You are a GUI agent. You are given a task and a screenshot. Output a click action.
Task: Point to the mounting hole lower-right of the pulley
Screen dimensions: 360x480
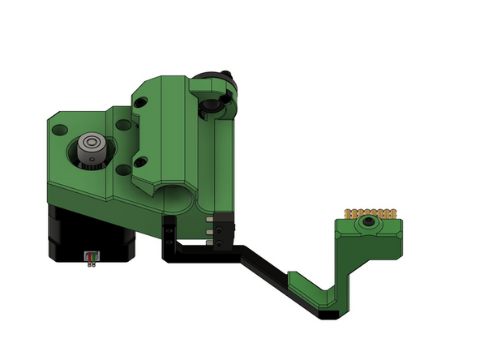(122, 169)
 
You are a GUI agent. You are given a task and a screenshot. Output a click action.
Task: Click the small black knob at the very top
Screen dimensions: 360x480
(229, 78)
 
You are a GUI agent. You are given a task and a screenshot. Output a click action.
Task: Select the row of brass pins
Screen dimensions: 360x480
(371, 213)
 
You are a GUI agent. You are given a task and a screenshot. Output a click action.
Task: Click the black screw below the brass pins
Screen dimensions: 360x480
(370, 222)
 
